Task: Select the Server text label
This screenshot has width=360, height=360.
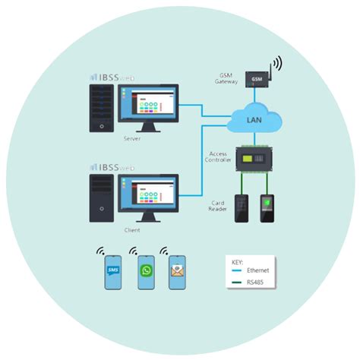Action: pyautogui.click(x=131, y=138)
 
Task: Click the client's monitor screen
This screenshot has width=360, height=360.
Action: pyautogui.click(x=149, y=194)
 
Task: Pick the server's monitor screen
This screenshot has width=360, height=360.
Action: pyautogui.click(x=149, y=103)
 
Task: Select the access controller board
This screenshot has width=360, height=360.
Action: pyautogui.click(x=253, y=159)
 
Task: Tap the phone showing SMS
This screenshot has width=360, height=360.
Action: pyautogui.click(x=113, y=271)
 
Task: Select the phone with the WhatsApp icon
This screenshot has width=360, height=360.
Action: pyautogui.click(x=146, y=271)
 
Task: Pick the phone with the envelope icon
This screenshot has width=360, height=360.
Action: pyautogui.click(x=177, y=271)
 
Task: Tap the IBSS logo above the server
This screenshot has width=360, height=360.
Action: pyautogui.click(x=112, y=77)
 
